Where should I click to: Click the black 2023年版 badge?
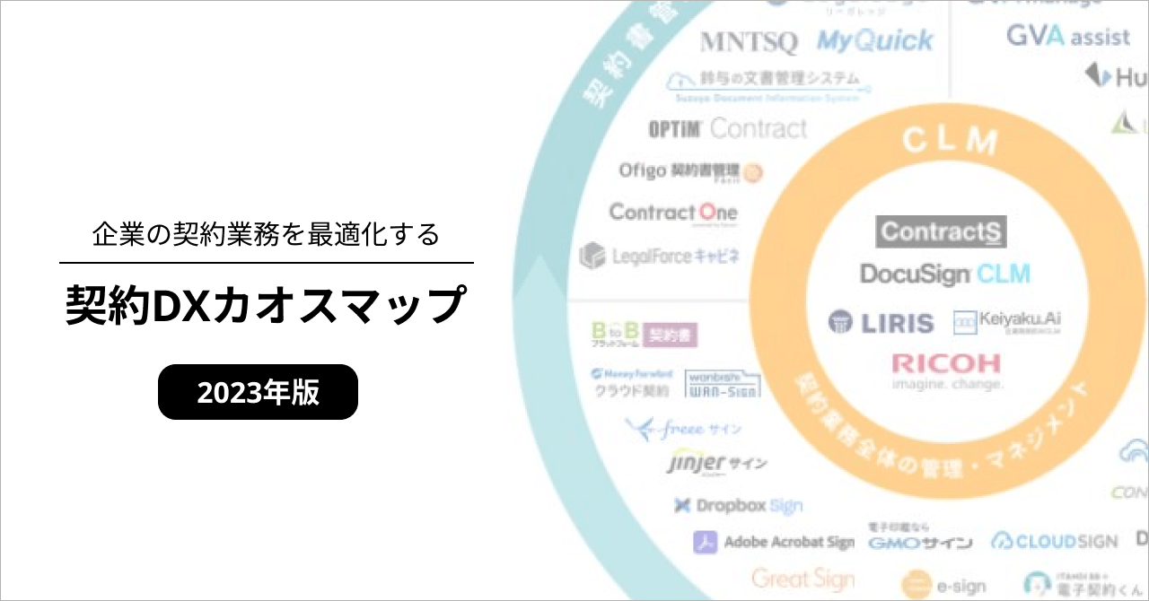click(x=258, y=392)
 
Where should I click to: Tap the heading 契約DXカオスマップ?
click(x=266, y=307)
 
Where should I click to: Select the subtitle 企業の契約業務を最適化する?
click(x=266, y=234)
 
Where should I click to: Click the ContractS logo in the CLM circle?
click(x=941, y=231)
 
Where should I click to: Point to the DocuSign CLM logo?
click(x=945, y=274)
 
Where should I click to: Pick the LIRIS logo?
click(x=881, y=323)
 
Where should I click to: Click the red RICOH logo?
click(x=946, y=364)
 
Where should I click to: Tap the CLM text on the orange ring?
click(x=951, y=141)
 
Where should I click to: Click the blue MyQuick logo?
click(x=874, y=40)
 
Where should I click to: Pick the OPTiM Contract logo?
click(x=727, y=129)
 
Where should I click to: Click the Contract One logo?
click(x=672, y=213)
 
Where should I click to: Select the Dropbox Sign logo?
click(x=738, y=506)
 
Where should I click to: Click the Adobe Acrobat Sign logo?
click(x=774, y=542)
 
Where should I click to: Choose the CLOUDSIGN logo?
click(x=1055, y=541)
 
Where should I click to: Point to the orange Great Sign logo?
click(x=803, y=579)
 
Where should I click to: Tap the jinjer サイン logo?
click(x=716, y=464)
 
